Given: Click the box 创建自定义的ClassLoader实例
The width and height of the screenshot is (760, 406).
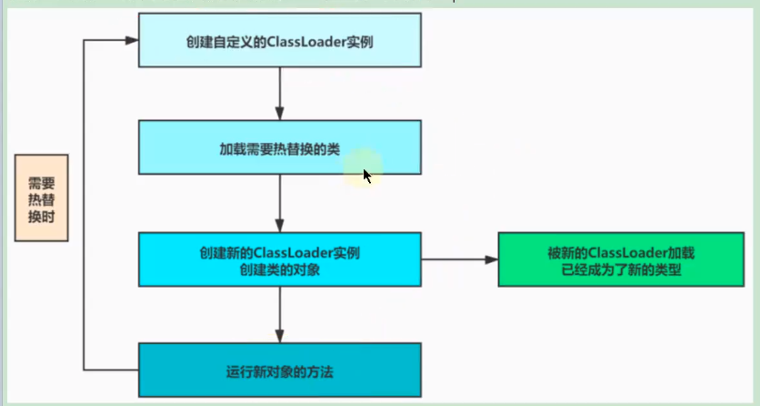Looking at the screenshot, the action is [x=280, y=40].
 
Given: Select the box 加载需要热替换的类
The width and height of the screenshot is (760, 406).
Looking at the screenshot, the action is [x=280, y=147].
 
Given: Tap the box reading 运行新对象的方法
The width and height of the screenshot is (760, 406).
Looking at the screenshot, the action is [x=280, y=370].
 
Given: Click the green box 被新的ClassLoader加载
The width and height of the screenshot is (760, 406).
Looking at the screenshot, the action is [x=621, y=259].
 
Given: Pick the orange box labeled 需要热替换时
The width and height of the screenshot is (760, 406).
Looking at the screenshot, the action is [x=42, y=198].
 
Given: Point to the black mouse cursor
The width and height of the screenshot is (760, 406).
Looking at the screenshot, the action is [x=367, y=176].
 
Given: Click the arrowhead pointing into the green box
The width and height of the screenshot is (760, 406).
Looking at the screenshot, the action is [x=492, y=259].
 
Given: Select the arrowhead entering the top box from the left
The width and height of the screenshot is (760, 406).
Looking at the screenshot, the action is [x=132, y=40].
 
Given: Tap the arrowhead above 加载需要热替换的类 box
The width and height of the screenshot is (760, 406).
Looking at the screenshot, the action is [x=280, y=114].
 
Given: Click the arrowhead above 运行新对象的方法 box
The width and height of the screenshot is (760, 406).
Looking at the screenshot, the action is [x=280, y=336].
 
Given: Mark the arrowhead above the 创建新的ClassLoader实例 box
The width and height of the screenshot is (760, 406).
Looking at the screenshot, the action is [x=280, y=226].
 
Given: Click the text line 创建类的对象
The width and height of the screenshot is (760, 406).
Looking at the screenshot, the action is [x=280, y=269].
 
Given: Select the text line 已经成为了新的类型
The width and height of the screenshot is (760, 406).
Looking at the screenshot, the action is [x=621, y=269].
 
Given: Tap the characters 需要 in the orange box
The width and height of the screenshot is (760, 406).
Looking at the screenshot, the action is [x=42, y=183].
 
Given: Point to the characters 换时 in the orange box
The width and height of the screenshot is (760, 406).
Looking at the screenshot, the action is [x=42, y=217].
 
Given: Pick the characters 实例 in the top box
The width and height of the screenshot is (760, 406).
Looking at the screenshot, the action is [x=360, y=42].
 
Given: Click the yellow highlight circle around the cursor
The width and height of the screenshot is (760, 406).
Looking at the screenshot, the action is [x=364, y=167].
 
